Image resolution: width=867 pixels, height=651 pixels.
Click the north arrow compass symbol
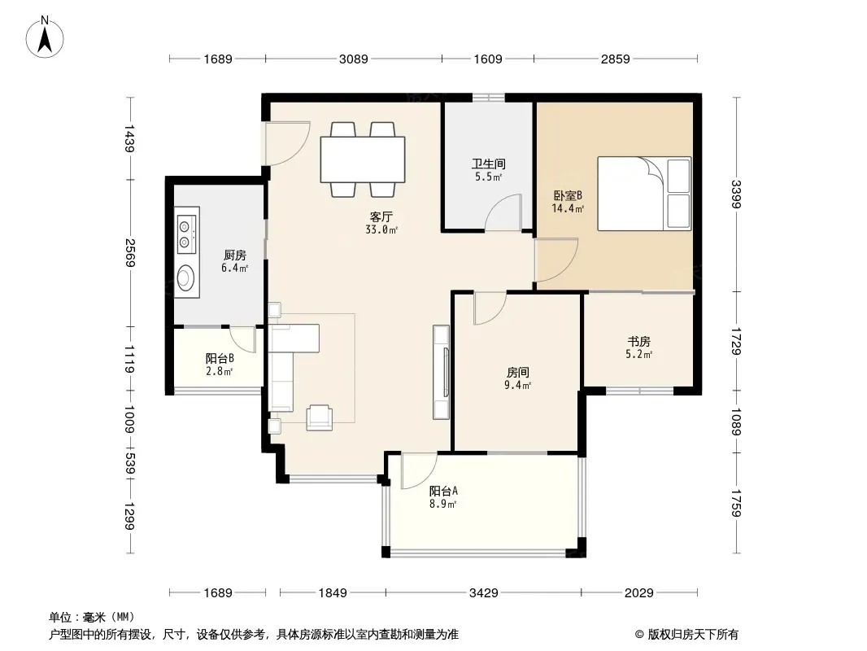[x=45, y=37]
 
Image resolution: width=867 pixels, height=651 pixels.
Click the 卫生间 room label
[x=488, y=164]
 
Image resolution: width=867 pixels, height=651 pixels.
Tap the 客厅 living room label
[x=381, y=216]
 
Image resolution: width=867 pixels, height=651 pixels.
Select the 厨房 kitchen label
[x=235, y=255]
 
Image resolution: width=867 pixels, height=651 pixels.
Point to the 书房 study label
[x=638, y=341]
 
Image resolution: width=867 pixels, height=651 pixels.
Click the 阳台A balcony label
[x=443, y=491]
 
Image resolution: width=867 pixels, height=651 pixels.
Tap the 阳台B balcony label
[x=220, y=358]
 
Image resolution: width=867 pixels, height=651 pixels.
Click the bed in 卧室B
[x=644, y=194]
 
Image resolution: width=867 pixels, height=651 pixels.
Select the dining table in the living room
[x=363, y=159]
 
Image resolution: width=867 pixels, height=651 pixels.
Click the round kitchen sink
[x=185, y=277]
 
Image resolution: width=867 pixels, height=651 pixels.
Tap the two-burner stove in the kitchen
[x=186, y=232]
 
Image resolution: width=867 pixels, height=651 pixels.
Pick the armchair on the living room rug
[x=320, y=417]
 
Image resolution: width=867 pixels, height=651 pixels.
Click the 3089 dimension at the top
[x=353, y=59]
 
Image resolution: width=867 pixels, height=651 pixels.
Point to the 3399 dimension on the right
[x=735, y=194]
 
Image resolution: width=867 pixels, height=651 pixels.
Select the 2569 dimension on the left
[x=129, y=253]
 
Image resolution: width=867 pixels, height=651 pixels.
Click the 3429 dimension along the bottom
[x=484, y=593]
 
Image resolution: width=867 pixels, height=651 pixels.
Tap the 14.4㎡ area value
[x=568, y=208]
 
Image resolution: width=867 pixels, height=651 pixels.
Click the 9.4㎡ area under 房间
[x=517, y=386]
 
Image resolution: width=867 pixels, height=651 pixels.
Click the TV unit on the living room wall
[x=442, y=372]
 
